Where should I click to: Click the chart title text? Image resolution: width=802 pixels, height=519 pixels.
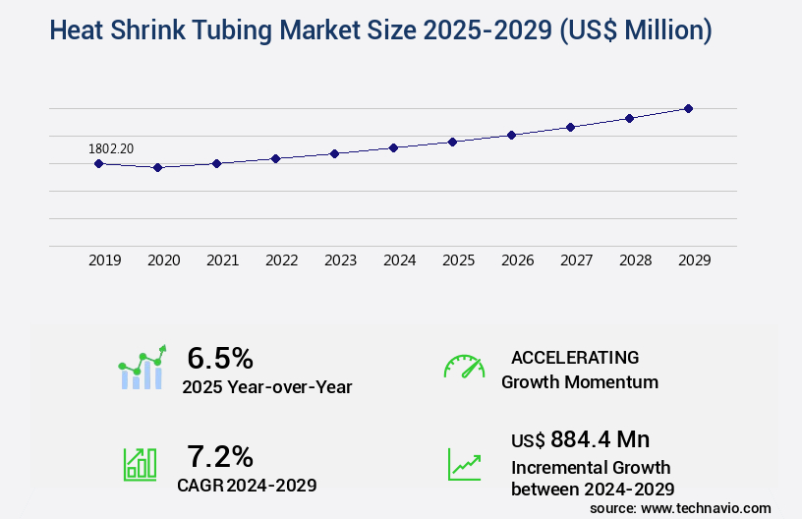[379, 30]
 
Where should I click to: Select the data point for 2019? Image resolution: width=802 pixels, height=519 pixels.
[98, 163]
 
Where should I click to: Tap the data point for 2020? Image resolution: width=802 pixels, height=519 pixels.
[157, 167]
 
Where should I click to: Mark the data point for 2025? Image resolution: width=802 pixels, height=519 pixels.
[452, 142]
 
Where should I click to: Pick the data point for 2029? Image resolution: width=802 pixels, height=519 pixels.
[688, 108]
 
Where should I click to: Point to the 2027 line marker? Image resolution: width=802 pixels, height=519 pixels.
[570, 127]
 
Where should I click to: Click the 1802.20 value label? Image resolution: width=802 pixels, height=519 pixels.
[111, 148]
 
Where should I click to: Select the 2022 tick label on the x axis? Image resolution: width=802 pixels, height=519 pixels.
[282, 260]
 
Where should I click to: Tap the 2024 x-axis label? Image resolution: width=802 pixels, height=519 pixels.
[400, 260]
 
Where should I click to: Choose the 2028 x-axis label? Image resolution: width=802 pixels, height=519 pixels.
[636, 260]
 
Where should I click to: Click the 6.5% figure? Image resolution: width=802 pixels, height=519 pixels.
[220, 357]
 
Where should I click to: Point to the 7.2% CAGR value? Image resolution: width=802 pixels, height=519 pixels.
[220, 456]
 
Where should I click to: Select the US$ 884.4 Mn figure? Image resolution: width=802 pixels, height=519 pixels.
[580, 439]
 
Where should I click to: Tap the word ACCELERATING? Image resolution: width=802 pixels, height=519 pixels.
[575, 358]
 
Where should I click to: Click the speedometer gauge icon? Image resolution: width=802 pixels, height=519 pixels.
[464, 367]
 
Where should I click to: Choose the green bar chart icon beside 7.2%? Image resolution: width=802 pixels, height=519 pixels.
[140, 464]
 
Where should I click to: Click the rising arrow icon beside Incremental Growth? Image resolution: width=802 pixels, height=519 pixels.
[464, 464]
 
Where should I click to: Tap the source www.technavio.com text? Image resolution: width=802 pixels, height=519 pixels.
[680, 507]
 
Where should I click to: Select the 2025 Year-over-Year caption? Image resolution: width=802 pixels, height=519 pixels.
[267, 387]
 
